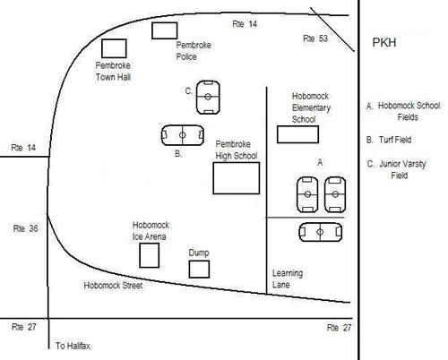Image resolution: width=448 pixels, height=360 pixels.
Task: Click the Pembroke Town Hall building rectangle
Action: point(101,48)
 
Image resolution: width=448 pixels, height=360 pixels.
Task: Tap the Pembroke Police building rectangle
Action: point(151,30)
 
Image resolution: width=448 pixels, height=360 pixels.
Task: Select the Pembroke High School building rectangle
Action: point(213,178)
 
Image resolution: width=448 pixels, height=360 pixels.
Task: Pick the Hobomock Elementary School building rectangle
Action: point(277,134)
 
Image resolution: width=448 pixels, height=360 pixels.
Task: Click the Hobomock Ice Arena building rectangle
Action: point(140,255)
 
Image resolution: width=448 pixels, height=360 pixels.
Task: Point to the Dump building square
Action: point(189,270)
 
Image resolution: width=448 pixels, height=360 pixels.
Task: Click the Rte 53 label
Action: point(315,39)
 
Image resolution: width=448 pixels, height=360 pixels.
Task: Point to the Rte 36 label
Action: point(25,228)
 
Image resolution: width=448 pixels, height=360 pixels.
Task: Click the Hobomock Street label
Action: point(113,286)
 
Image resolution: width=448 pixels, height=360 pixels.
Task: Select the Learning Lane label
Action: point(288,279)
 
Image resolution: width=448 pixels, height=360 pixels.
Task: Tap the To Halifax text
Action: point(73,346)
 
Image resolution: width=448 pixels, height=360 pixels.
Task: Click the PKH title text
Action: point(384,43)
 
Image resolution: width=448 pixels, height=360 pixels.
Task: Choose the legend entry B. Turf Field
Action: point(389,140)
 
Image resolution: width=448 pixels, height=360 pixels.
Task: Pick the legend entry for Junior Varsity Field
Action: point(397,169)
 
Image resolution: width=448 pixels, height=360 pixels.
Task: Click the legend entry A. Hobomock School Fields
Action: point(403,111)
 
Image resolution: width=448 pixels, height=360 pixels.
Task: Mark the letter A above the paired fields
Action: point(320,163)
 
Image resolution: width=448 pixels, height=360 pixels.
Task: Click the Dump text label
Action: point(199,253)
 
